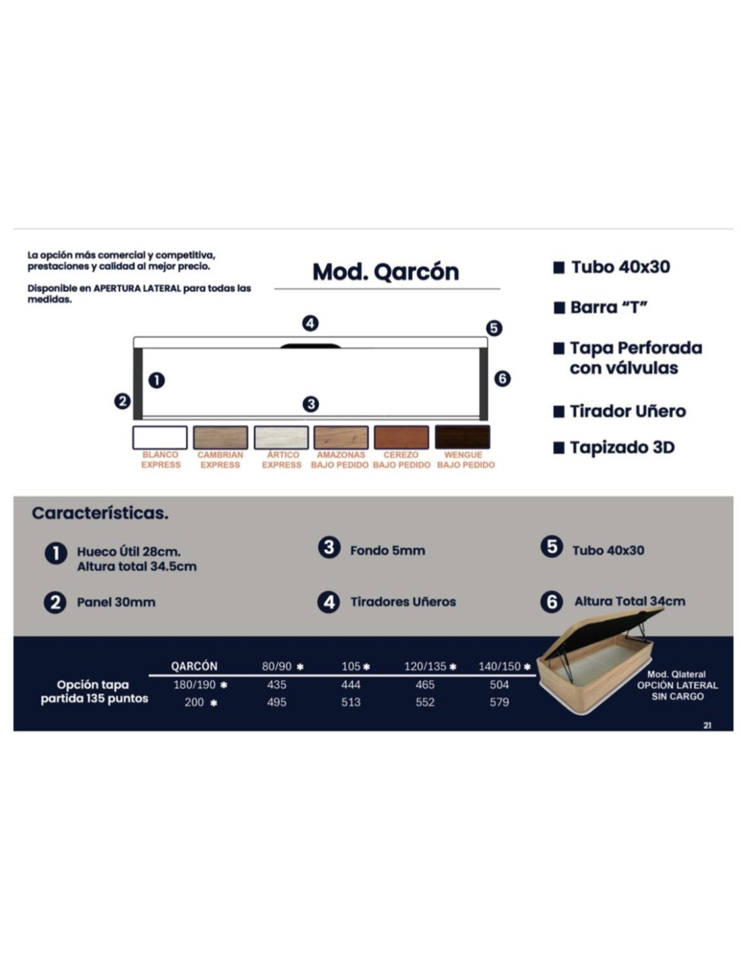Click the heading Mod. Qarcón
click(385, 272)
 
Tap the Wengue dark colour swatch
click(461, 437)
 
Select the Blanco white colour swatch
click(160, 437)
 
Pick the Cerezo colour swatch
click(401, 437)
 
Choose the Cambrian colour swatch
click(220, 437)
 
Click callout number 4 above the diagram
click(310, 323)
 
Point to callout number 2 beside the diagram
click(122, 401)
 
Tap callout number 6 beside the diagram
click(502, 378)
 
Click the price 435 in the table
click(276, 684)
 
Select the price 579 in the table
click(499, 701)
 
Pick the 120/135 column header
click(425, 666)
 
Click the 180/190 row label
click(195, 684)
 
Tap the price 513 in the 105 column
click(350, 701)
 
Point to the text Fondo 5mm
click(387, 550)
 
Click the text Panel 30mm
click(116, 602)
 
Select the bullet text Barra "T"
click(609, 307)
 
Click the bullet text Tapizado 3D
click(622, 447)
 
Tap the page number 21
click(707, 725)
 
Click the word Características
click(100, 513)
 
